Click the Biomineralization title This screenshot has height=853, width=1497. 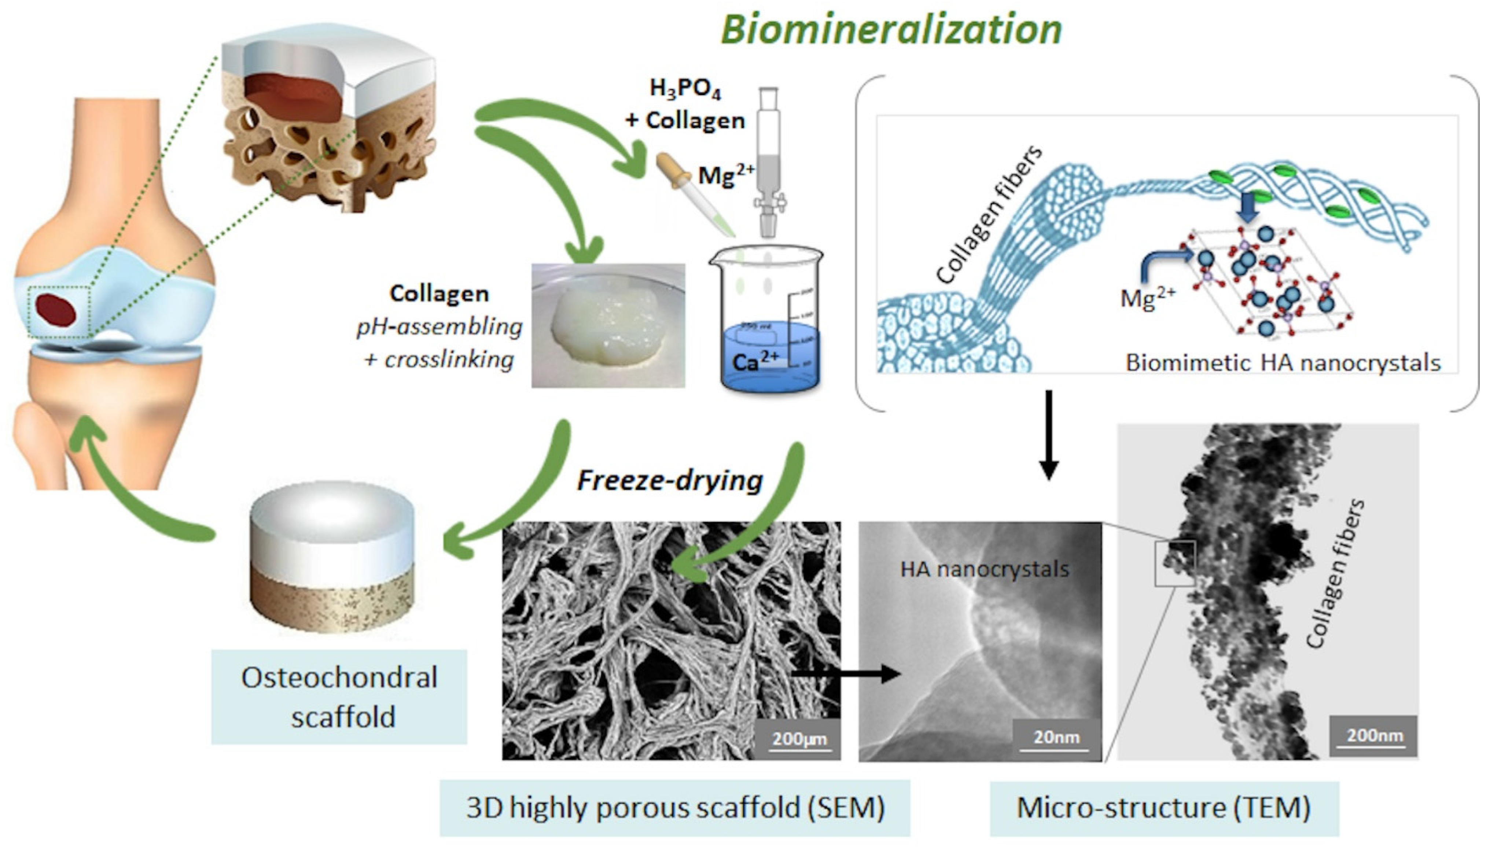point(891,29)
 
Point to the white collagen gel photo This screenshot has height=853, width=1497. point(608,325)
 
